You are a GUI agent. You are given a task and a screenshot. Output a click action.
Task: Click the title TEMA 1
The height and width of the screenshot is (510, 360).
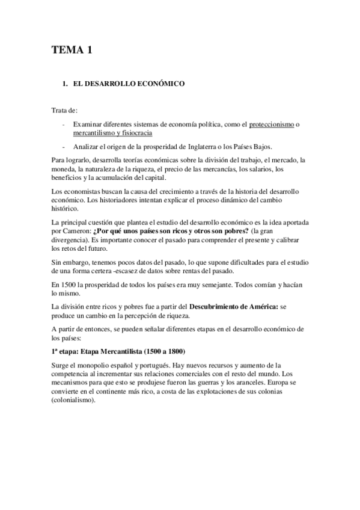(x=71, y=51)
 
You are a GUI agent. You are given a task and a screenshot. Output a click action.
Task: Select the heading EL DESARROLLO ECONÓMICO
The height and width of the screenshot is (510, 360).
(x=124, y=85)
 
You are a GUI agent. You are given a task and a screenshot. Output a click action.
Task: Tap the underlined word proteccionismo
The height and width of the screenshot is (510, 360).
(x=272, y=124)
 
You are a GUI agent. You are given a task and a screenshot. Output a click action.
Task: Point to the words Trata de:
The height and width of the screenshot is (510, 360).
(x=64, y=111)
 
